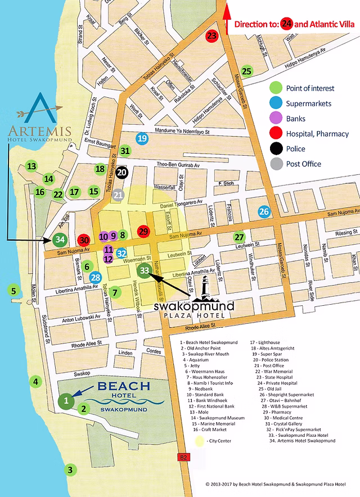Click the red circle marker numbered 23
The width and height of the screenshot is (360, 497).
(x=211, y=36)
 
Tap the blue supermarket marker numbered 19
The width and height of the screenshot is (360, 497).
(x=142, y=138)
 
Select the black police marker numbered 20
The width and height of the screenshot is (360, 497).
(x=122, y=173)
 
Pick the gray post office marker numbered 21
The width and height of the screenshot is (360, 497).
(x=118, y=195)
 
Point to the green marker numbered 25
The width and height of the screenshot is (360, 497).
(x=246, y=71)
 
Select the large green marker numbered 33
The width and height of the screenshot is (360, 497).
(x=145, y=270)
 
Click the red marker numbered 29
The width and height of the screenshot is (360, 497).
(x=143, y=231)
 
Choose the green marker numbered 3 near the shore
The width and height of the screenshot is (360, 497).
(x=70, y=469)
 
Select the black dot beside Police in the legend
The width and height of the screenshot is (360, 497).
(x=276, y=149)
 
